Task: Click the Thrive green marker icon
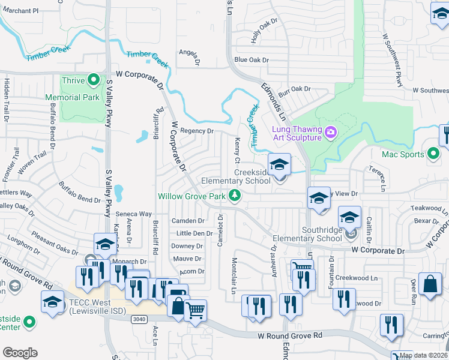point(93,80)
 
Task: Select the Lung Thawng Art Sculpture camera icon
point(330,131)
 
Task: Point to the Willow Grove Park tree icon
point(237,196)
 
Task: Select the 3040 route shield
point(139,319)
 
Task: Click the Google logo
point(20,353)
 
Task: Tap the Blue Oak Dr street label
point(252,60)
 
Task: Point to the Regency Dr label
point(197,131)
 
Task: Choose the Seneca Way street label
point(133,214)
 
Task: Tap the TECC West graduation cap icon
point(52,302)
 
